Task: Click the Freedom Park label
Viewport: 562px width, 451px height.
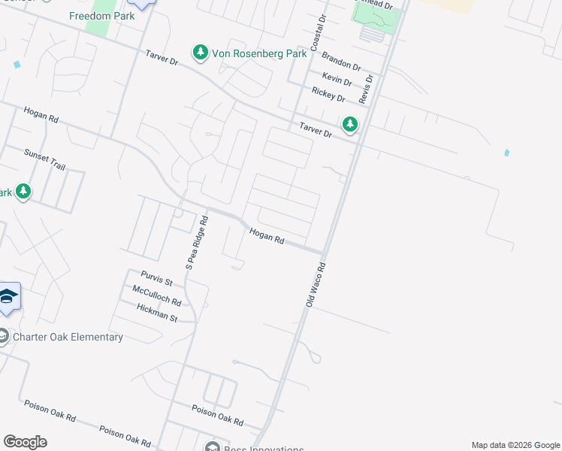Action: tap(101, 16)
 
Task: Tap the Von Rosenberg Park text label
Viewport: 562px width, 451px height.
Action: tap(259, 53)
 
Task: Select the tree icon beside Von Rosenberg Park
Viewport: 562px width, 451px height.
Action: tap(200, 53)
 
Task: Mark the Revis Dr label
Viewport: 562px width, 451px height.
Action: tap(366, 89)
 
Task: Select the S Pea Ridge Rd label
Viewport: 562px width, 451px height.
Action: tap(200, 241)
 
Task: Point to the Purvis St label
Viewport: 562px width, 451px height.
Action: tap(156, 278)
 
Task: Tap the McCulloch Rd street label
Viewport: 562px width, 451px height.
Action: tap(156, 295)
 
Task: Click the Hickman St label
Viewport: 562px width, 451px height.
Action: tap(156, 313)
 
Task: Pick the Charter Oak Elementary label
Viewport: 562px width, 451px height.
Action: tap(68, 337)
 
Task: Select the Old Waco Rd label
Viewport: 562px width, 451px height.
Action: tap(316, 284)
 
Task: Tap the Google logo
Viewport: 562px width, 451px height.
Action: tap(25, 442)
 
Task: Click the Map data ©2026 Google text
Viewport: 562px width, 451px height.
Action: tap(515, 445)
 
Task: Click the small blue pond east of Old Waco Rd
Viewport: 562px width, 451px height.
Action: tap(507, 153)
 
